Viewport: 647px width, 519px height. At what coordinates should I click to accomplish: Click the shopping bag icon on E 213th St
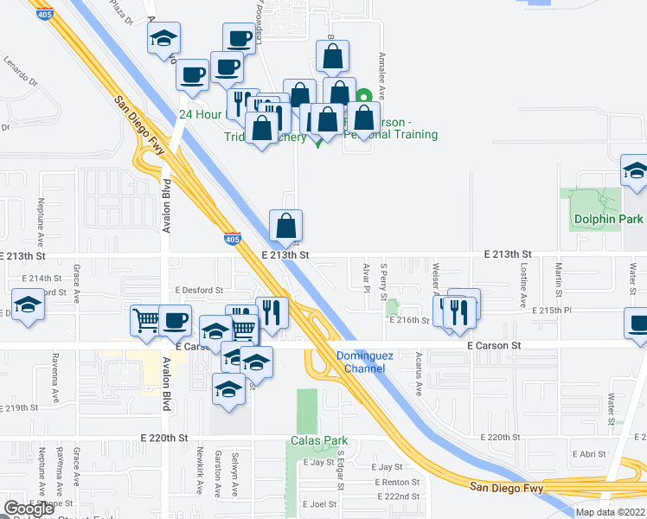point(286,227)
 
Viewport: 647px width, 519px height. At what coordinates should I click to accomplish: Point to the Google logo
point(29,509)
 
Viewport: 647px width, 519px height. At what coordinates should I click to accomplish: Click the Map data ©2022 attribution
point(611,512)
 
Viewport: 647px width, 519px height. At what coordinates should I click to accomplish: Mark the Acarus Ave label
point(419,378)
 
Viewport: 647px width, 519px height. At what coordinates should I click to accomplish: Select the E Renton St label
point(397,482)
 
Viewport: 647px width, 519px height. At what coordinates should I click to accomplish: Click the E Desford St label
point(199,291)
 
